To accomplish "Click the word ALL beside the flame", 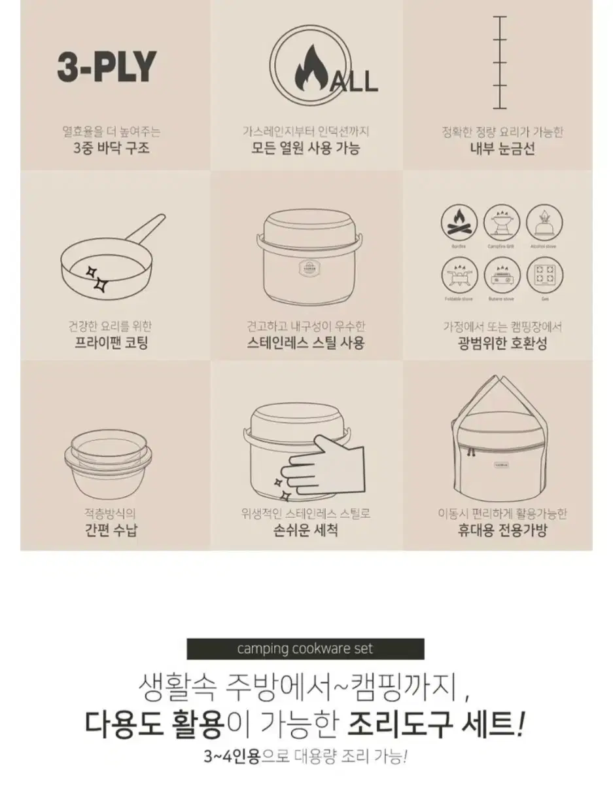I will pos(355,81).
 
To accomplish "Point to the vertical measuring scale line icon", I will pos(500,64).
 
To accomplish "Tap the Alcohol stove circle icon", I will pos(542,223).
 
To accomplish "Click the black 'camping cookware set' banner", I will pos(305,648).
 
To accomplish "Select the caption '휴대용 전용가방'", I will pos(502,530).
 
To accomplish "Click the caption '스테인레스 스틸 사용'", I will pos(306,343).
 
